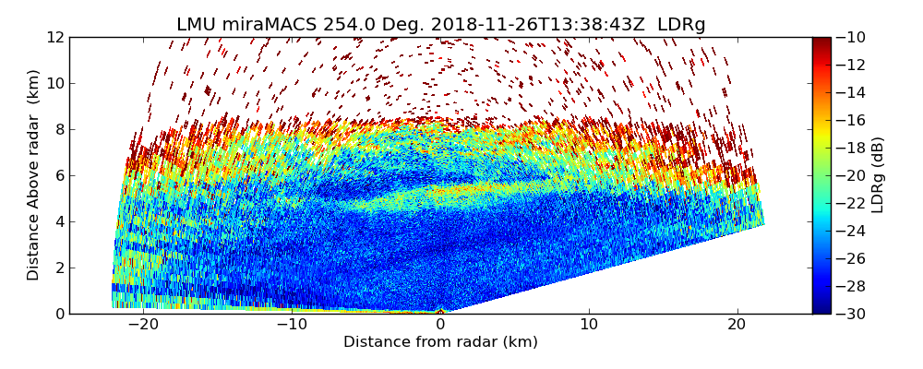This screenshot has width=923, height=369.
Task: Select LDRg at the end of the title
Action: (681, 25)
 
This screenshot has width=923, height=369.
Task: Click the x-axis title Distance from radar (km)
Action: (440, 342)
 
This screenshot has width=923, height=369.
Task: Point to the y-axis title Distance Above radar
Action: (34, 175)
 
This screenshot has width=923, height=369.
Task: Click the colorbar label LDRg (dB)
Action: (878, 175)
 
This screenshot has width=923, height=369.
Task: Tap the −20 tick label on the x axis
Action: (143, 325)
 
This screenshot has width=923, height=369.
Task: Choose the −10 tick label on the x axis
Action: (292, 325)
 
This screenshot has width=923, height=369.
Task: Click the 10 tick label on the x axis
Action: (589, 325)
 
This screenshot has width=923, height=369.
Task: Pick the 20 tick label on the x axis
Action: (737, 325)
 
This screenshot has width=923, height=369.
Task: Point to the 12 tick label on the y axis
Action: (54, 37)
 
